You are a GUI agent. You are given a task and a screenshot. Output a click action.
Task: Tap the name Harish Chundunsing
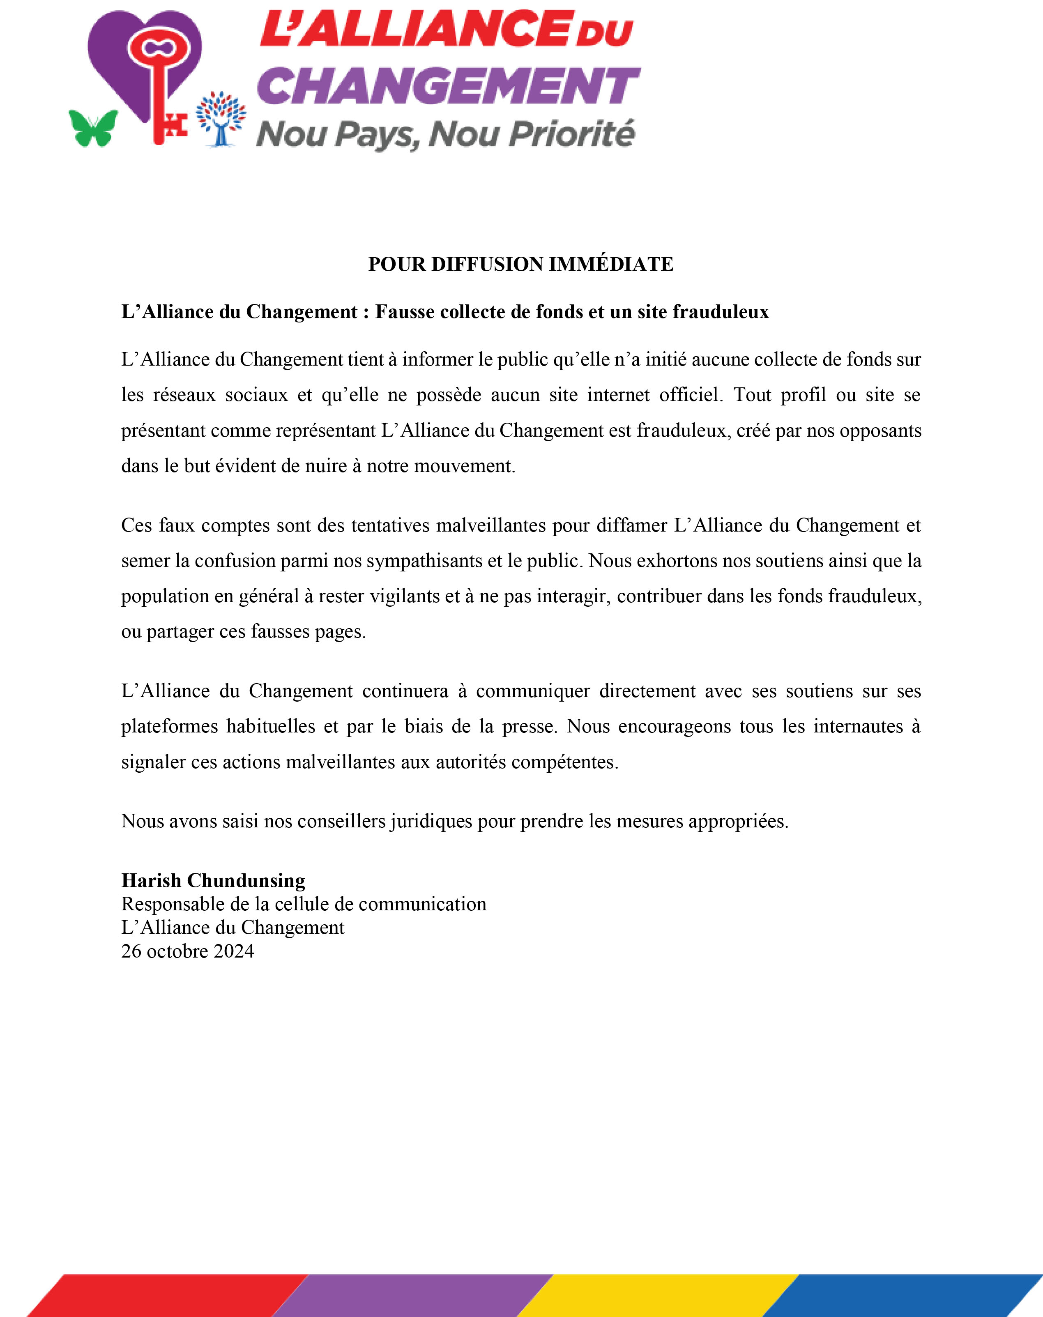(x=213, y=880)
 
